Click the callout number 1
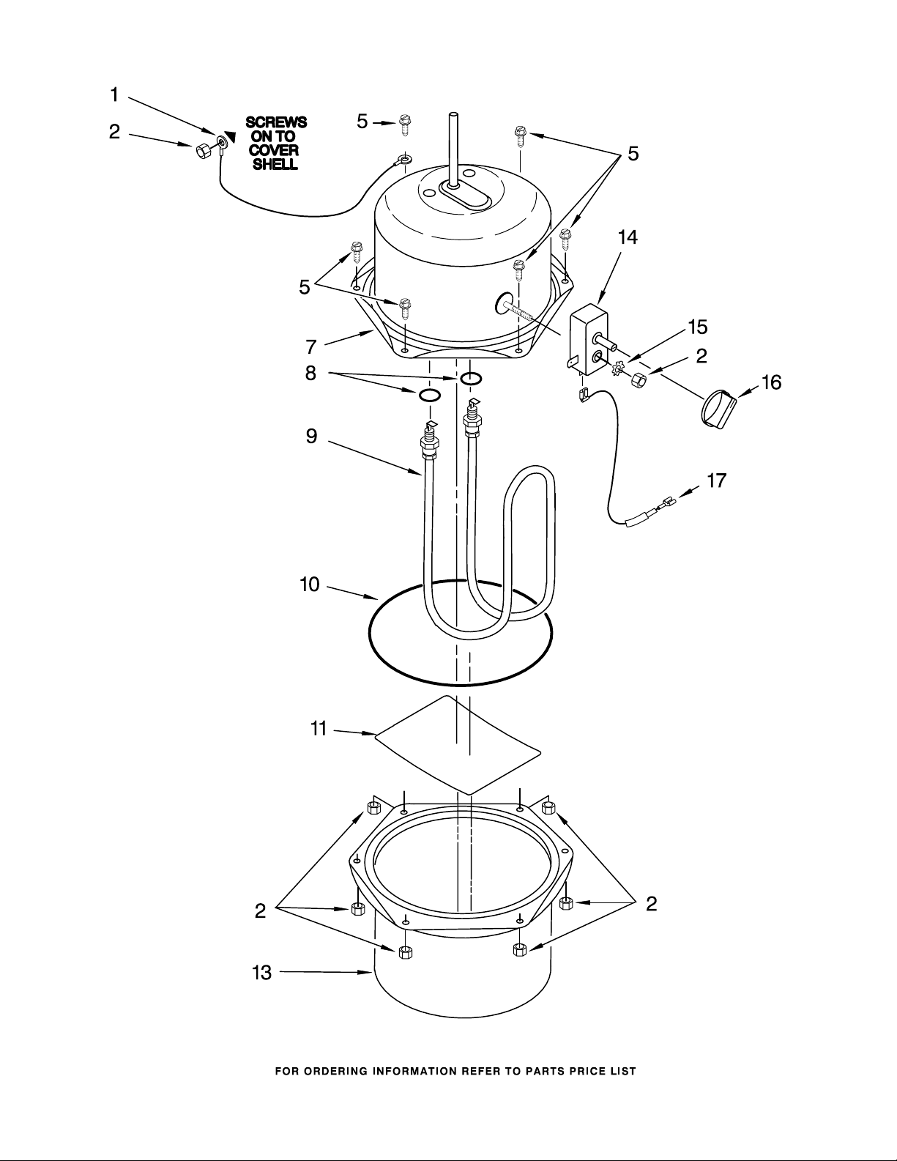pos(114,95)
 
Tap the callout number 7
pos(311,347)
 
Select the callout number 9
pos(311,436)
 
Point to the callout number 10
pos(310,585)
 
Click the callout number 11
pos(319,729)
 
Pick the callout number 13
pos(261,973)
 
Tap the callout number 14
pos(628,237)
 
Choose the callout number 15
pos(698,327)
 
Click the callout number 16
pos(772,382)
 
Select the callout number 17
pos(717,481)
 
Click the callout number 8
pos(310,373)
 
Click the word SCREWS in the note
pos(276,122)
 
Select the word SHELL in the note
pos(275,164)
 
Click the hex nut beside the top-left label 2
pos(203,151)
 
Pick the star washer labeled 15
pos(619,368)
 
